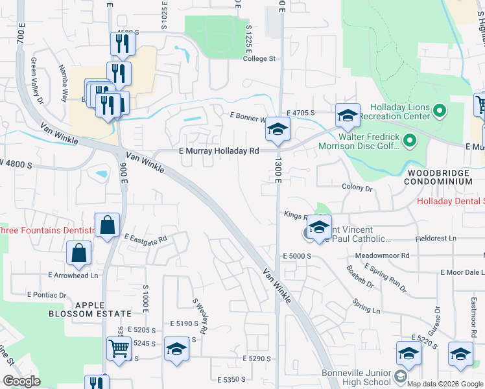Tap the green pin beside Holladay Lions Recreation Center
point(440,112)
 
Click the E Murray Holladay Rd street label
point(219,150)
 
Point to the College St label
point(259,58)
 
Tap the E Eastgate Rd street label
point(145,238)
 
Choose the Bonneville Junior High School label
point(357,378)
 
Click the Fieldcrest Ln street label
point(436,238)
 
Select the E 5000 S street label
point(297,257)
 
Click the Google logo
point(21,382)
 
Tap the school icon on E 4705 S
point(348,117)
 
